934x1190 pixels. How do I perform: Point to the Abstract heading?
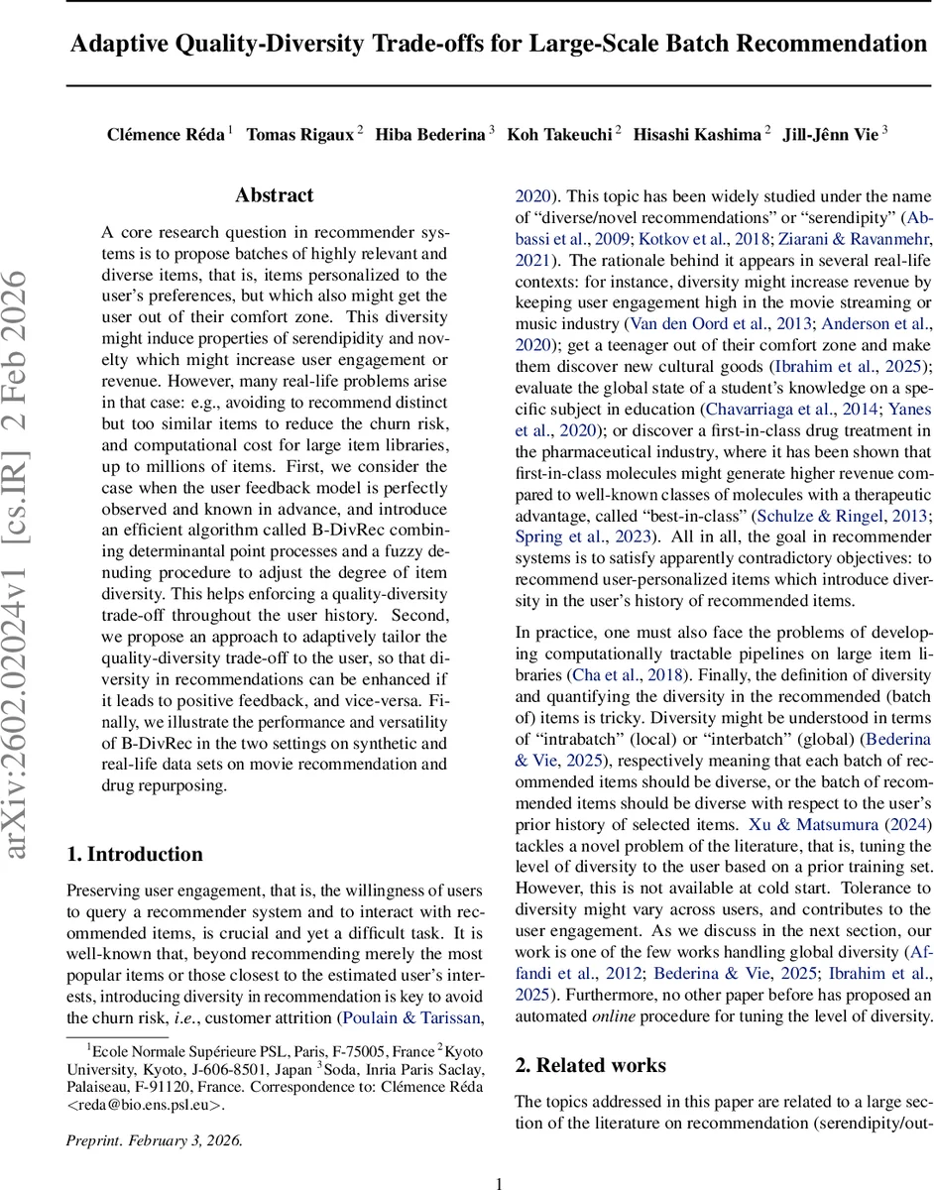tap(274, 195)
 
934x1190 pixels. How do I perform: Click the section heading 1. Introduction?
tap(134, 854)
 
